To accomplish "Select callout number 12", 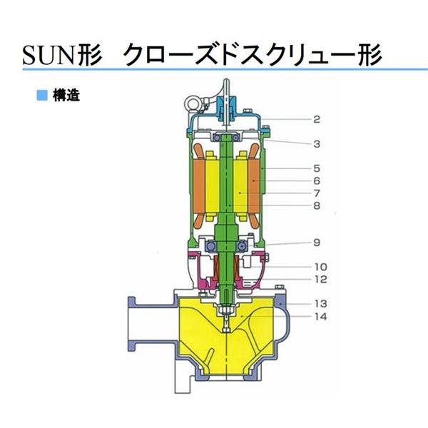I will (317, 279).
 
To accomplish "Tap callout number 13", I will (317, 302).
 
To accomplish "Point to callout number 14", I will (317, 315).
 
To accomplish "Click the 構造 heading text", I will (66, 94).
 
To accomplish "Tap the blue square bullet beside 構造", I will (42, 94).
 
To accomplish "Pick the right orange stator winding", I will (255, 187).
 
